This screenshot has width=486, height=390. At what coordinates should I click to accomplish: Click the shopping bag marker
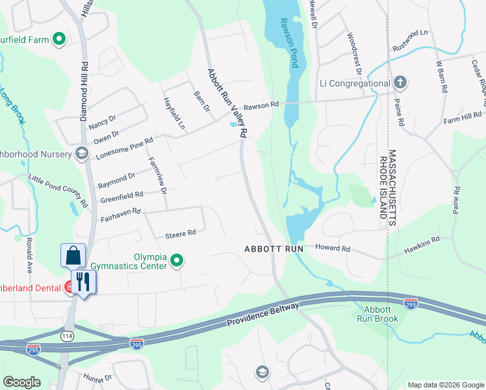pos(73,255)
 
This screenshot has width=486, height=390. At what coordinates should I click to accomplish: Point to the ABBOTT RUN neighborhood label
pos(274,249)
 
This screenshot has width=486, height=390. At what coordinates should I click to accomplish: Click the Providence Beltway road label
pos(262,314)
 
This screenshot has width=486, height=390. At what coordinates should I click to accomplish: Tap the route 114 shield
pos(66,335)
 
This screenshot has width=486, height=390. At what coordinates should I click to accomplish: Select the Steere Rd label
pos(181,233)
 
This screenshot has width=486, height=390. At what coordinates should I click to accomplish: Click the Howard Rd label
pos(333,248)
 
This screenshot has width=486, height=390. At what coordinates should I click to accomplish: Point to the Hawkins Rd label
pos(421,240)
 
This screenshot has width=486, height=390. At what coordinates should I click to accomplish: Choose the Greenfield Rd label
pos(122,196)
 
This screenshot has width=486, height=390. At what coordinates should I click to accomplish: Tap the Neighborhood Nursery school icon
pos(81,153)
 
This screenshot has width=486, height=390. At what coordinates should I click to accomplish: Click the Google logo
pos(22,382)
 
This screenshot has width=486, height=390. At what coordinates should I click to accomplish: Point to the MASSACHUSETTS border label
pos(392,188)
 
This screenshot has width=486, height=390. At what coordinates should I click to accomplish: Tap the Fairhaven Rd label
pos(120,212)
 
